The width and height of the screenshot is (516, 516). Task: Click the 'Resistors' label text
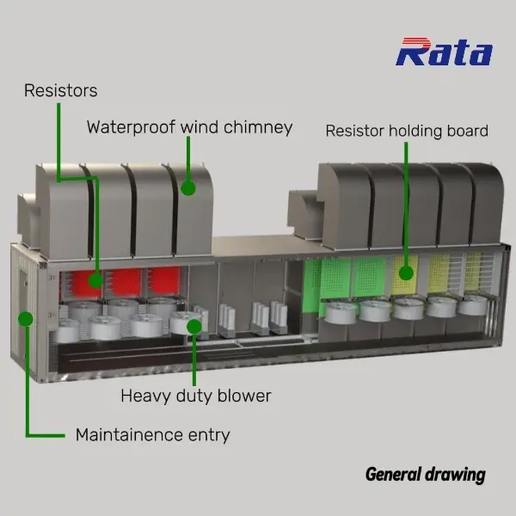(x=60, y=89)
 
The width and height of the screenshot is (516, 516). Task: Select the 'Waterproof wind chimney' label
(x=189, y=127)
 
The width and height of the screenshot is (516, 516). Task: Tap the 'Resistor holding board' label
(x=407, y=131)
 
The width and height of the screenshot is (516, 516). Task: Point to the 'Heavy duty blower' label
(x=195, y=396)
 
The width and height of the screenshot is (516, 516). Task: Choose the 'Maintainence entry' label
(x=152, y=434)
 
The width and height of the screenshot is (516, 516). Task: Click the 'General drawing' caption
(x=425, y=474)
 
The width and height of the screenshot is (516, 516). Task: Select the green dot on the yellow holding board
(x=405, y=274)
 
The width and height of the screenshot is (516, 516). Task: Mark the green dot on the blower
(x=195, y=327)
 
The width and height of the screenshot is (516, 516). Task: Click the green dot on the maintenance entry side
(x=26, y=318)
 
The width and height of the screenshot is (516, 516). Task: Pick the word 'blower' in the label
(x=246, y=396)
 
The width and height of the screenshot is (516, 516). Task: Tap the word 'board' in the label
(x=468, y=131)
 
